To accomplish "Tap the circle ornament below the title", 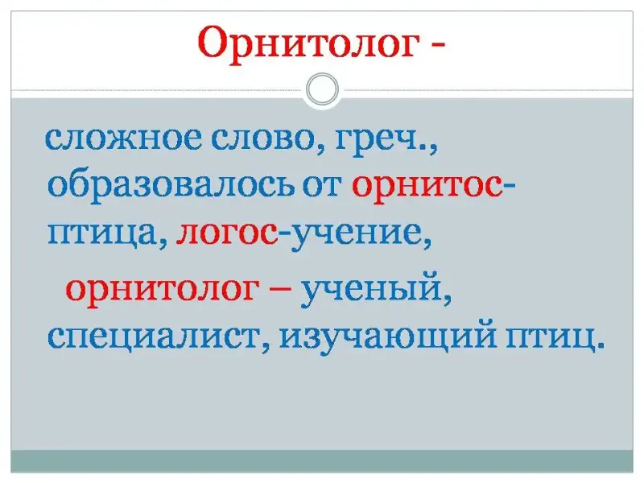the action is (323, 89).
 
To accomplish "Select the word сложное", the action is (123, 138).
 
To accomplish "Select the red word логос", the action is (227, 235).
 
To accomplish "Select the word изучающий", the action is (388, 337).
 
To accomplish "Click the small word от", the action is (323, 188).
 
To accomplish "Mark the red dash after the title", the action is (437, 45).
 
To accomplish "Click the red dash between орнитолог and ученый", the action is (280, 290).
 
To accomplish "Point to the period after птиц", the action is (601, 346).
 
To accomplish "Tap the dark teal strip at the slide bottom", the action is (322, 460).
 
